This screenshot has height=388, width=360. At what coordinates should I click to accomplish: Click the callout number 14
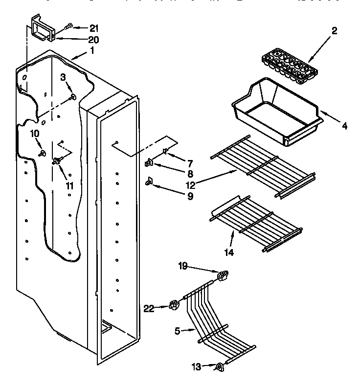tap(229, 252)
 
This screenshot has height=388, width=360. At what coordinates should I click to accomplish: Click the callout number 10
tap(35, 134)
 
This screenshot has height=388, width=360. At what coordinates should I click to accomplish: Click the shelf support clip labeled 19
tap(223, 277)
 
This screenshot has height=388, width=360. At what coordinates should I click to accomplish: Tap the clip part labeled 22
tap(173, 306)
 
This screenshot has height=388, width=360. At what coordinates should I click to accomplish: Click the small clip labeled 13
tap(219, 366)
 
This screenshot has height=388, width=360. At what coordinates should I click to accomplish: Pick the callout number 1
tap(91, 50)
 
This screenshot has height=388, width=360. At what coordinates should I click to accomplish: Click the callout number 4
tap(344, 126)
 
